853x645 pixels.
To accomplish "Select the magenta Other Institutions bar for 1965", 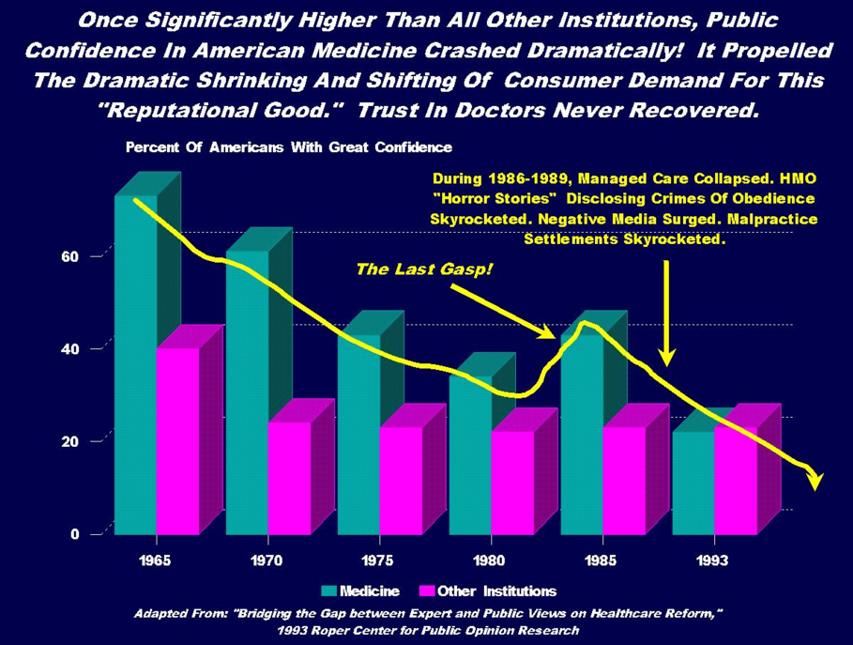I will pos(177,441).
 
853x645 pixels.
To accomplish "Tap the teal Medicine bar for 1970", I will pos(247,394).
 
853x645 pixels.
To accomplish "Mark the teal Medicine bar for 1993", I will pos(693,483).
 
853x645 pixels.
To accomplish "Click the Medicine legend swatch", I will pos(328,591).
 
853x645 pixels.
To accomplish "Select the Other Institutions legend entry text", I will pos(496,591).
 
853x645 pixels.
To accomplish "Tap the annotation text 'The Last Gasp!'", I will pos(424,270).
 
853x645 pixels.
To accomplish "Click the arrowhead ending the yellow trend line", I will pos(815,480).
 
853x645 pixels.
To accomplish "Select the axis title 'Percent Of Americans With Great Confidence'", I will pos(289,147).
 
